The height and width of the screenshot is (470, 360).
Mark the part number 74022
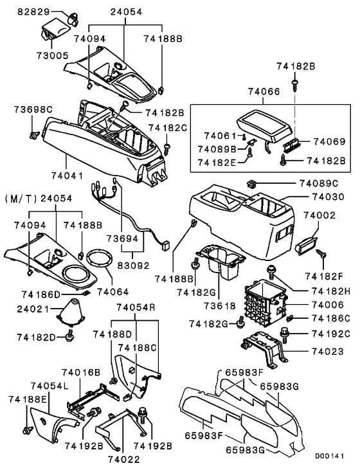[x=122, y=459]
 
